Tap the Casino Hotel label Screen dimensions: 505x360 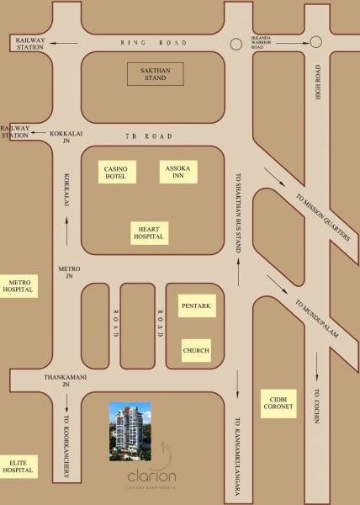(x=115, y=173)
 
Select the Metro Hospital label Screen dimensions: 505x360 (x=19, y=285)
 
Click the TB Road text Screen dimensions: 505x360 (x=159, y=136)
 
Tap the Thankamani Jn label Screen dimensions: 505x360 (x=66, y=381)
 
